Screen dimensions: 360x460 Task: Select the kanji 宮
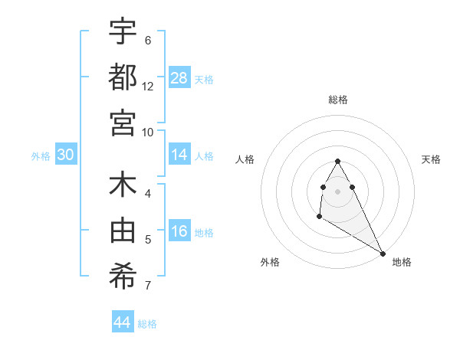pyautogui.click(x=123, y=123)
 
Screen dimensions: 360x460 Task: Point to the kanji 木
pyautogui.click(x=123, y=186)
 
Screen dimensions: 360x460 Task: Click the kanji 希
pyautogui.click(x=123, y=277)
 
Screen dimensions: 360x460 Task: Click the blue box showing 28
pyautogui.click(x=179, y=77)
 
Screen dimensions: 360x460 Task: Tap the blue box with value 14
pyautogui.click(x=179, y=155)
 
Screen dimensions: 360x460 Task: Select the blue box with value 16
pyautogui.click(x=179, y=232)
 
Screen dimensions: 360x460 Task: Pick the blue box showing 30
pyautogui.click(x=65, y=155)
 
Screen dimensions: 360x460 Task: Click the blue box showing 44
pyautogui.click(x=123, y=322)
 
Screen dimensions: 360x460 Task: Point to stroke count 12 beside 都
pyautogui.click(x=148, y=86)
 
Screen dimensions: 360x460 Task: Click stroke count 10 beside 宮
pyautogui.click(x=148, y=132)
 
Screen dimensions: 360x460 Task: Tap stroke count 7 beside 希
pyautogui.click(x=148, y=286)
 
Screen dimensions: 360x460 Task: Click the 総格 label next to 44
pyautogui.click(x=147, y=324)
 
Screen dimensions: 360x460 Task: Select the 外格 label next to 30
pyautogui.click(x=41, y=155)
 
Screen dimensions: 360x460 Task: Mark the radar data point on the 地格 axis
pyautogui.click(x=383, y=254)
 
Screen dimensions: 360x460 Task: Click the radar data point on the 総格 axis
pyautogui.click(x=337, y=161)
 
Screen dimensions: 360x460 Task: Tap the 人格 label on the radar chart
pyautogui.click(x=245, y=159)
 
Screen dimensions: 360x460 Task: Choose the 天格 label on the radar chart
pyautogui.click(x=431, y=159)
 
